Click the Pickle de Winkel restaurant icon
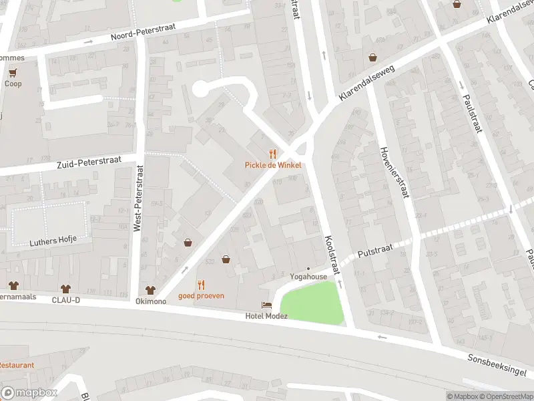click(273, 154)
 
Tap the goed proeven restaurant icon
click(201, 285)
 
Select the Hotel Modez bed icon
click(266, 305)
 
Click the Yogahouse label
click(308, 277)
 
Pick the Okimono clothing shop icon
click(151, 290)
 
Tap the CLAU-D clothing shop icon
click(65, 289)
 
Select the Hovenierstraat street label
click(393, 172)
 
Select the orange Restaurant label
click(17, 366)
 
